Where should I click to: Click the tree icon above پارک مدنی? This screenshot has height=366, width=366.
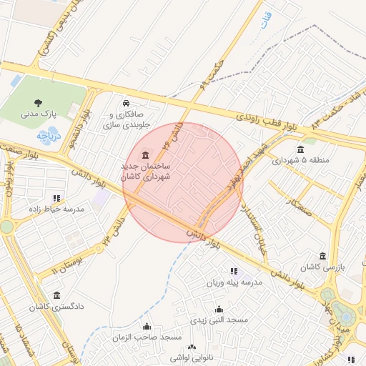click(39, 101)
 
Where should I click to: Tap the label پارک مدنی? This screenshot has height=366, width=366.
click(39, 113)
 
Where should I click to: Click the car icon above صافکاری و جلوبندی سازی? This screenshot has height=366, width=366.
click(126, 102)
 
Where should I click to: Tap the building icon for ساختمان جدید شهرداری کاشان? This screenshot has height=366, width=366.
click(147, 155)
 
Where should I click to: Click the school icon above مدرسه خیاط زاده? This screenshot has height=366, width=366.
click(56, 198)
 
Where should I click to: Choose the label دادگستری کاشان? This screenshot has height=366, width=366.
click(56, 307)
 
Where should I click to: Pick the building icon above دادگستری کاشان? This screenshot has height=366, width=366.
click(56, 295)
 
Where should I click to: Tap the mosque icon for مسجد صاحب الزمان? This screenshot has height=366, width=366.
click(147, 325)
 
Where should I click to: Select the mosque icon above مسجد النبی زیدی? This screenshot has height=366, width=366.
click(218, 309)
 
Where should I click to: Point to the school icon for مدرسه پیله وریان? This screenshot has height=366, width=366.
click(233, 271)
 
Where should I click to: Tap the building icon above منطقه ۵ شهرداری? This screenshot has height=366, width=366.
click(300, 149)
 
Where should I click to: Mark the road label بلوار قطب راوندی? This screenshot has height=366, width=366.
click(264, 121)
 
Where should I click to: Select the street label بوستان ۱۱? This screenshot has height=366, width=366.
click(66, 264)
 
